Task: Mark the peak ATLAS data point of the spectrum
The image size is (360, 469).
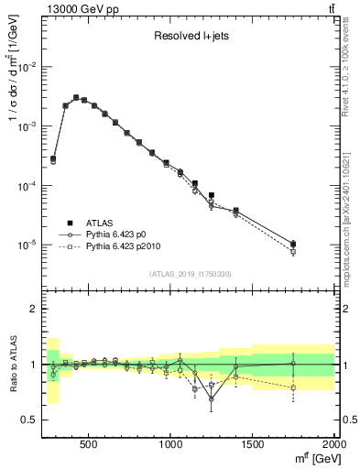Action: [x=76, y=97]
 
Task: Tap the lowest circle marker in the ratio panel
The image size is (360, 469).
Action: [x=212, y=398]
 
